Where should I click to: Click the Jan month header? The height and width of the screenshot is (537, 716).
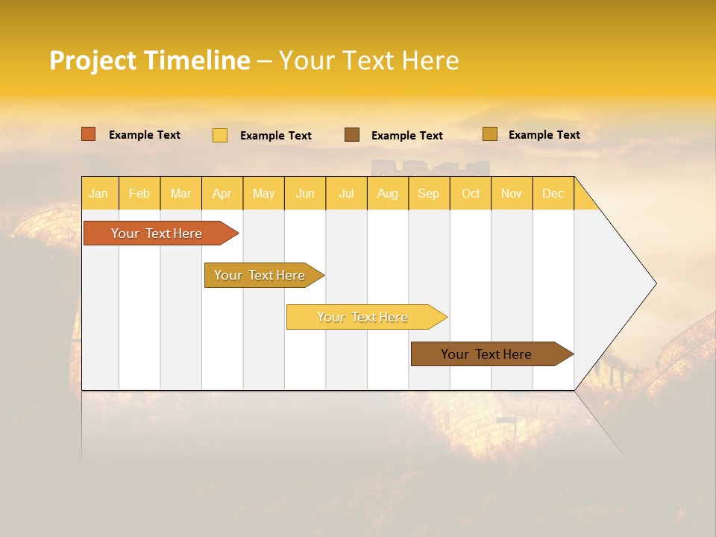point(99,193)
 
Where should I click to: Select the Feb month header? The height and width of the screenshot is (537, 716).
point(139,193)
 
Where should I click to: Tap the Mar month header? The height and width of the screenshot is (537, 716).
point(180,193)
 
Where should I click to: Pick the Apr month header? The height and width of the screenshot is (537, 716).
point(222,193)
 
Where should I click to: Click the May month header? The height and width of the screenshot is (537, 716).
point(263,193)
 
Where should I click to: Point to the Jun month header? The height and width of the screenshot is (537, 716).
point(305,193)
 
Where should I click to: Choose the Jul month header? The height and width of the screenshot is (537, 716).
point(346,193)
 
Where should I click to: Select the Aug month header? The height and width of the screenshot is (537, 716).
point(388,193)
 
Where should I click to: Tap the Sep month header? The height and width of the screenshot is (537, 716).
point(429,193)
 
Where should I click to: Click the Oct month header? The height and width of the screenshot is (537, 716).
point(471,193)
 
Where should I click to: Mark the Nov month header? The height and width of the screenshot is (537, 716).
point(512,193)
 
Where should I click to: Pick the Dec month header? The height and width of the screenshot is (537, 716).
point(553,193)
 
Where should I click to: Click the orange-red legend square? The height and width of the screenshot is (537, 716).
point(89,134)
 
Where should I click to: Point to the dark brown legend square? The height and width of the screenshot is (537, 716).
point(352,135)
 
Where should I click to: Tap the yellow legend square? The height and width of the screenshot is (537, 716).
point(220,135)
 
